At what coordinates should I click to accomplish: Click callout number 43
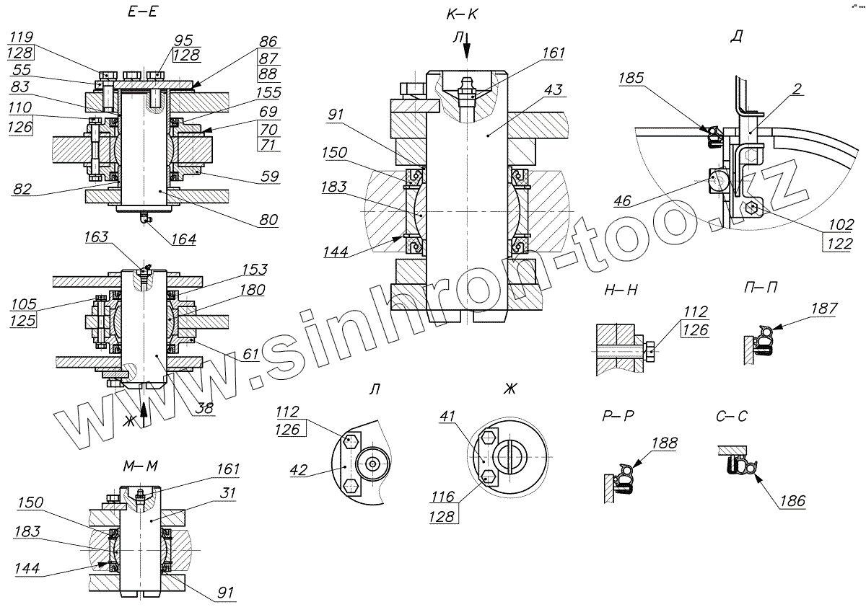[x=554, y=89]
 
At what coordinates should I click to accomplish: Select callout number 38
[x=206, y=408]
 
